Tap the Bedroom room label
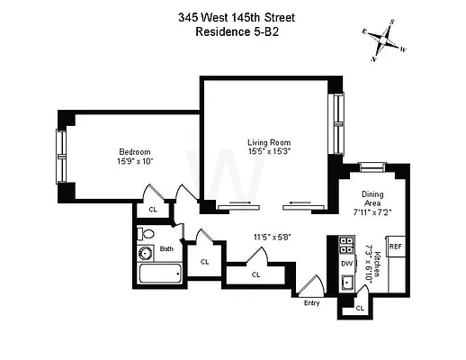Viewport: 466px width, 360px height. point(135,151)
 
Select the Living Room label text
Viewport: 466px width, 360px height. point(269,142)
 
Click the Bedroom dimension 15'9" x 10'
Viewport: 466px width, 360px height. point(135,162)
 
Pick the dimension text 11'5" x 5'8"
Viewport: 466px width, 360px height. point(271,238)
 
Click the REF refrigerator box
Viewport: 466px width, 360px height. point(395,244)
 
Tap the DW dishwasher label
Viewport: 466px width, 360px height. point(347,262)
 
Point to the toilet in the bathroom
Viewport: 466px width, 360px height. point(147,234)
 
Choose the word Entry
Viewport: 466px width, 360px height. point(312,303)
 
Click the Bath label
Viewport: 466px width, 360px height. point(166,248)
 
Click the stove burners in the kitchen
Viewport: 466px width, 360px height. point(346,245)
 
